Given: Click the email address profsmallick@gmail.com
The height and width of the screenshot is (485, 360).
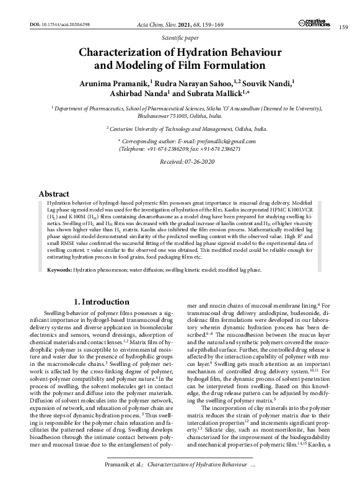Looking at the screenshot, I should tap(210, 142).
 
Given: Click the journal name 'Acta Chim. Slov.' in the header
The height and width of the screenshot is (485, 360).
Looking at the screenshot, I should tap(155, 24).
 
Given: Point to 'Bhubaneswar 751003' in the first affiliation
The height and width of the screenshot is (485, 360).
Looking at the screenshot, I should tap(163, 115).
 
